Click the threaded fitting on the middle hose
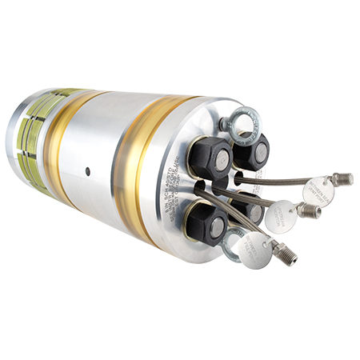click(x=309, y=211)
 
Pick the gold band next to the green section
click(x=67, y=144)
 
